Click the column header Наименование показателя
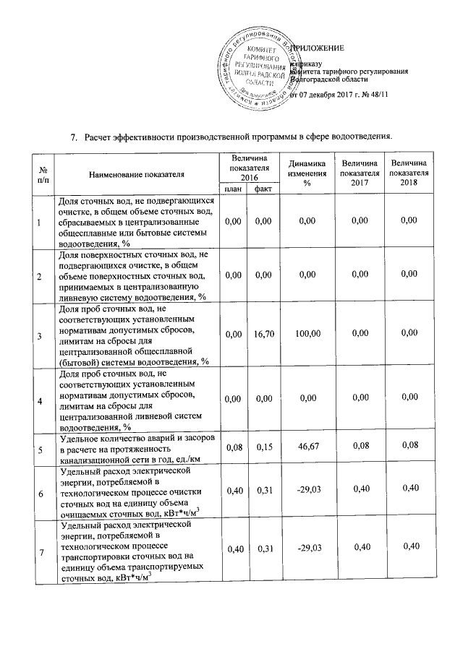pyautogui.click(x=137, y=173)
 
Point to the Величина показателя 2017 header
pyautogui.click(x=360, y=173)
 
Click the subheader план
pyautogui.click(x=233, y=189)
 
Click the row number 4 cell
pyautogui.click(x=40, y=400)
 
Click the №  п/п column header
pyautogui.click(x=40, y=173)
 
